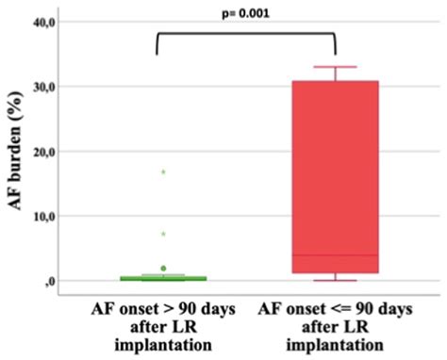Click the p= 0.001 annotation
[246, 14]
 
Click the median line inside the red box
[335, 255]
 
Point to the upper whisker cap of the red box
[335, 67]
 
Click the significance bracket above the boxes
[245, 34]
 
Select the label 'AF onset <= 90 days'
[336, 308]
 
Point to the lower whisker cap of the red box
[335, 280]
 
